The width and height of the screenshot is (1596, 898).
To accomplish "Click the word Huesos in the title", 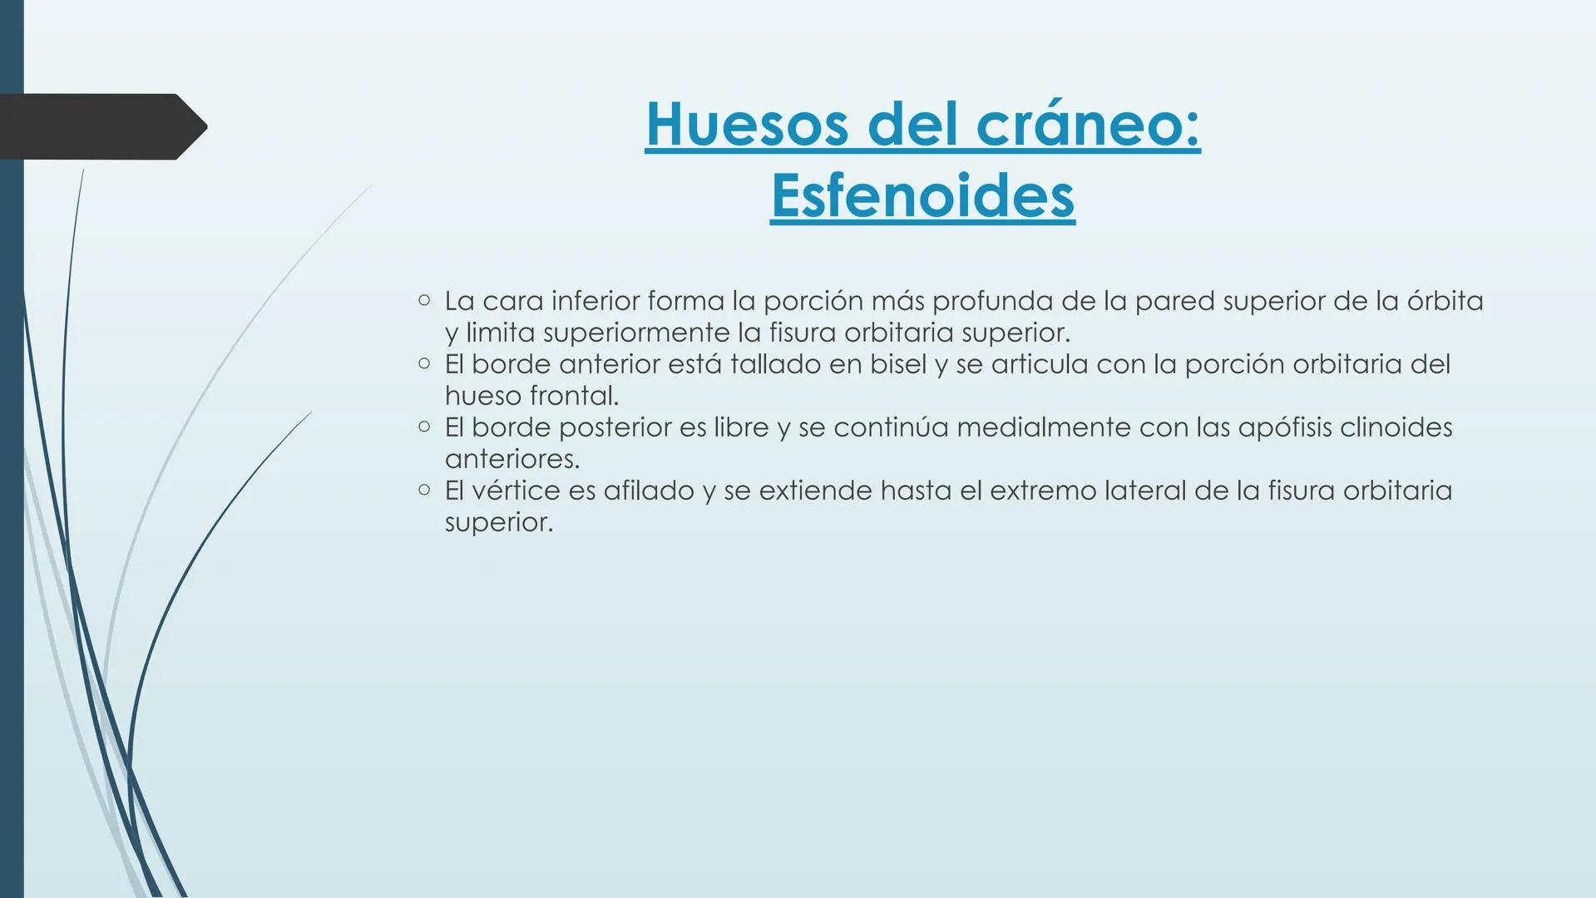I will (x=748, y=124).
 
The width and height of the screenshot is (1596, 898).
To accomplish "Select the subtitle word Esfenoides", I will (x=922, y=196).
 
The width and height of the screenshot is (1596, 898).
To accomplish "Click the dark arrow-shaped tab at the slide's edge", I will (x=100, y=126).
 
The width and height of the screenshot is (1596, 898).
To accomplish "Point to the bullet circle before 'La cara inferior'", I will (x=424, y=299).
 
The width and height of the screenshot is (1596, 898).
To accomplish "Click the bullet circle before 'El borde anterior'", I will (x=424, y=363).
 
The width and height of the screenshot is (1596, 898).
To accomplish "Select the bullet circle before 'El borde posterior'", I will (x=424, y=427).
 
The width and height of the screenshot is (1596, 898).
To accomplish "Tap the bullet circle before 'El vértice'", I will (x=424, y=490).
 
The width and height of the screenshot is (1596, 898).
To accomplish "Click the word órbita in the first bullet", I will (x=1445, y=301).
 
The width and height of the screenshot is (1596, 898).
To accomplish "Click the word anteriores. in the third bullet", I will (x=511, y=459).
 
